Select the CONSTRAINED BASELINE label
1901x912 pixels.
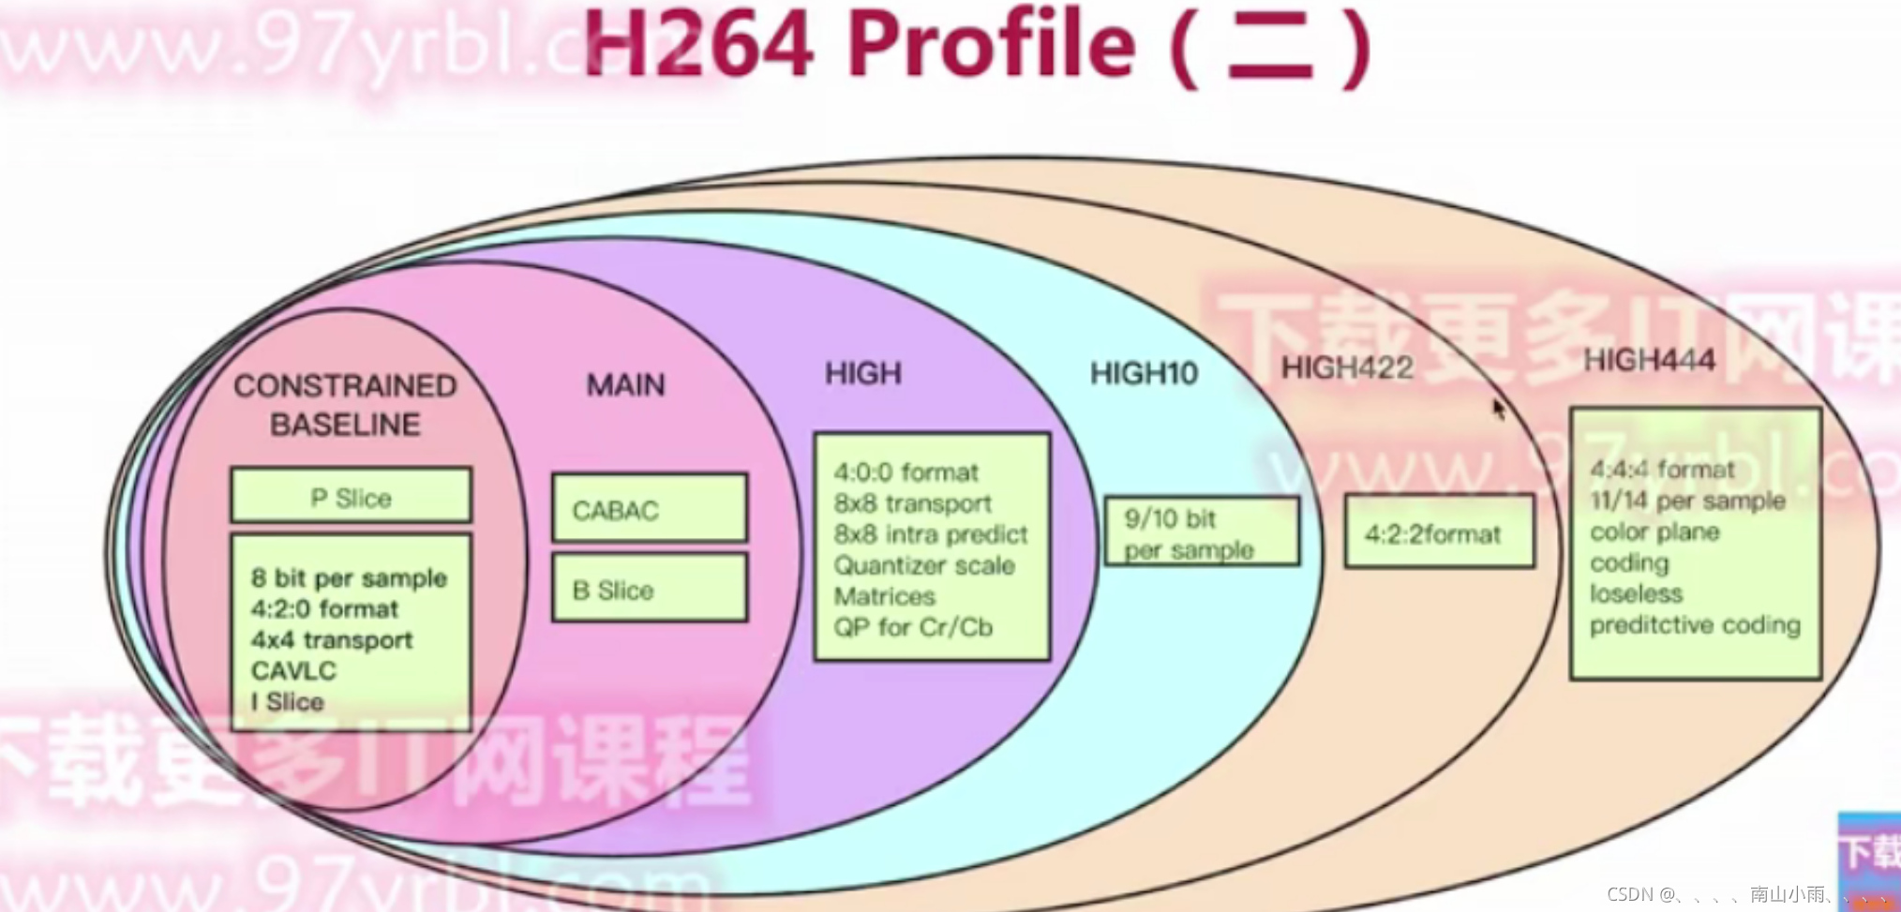345,405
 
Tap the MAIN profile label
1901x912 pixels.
625,384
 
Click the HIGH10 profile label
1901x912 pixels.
1144,374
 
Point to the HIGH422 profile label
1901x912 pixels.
1347,367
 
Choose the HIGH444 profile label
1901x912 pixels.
1649,360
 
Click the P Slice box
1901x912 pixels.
351,497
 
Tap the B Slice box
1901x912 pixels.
650,590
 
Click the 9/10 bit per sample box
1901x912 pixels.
1202,532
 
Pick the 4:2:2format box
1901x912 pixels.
1439,533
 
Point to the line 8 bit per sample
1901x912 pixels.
349,577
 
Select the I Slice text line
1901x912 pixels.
288,701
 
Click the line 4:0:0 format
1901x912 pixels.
906,471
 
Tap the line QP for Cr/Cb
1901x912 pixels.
913,626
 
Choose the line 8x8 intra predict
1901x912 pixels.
930,533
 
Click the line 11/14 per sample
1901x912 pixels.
1687,500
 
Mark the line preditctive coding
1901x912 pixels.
1695,624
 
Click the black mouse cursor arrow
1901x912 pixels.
1498,408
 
